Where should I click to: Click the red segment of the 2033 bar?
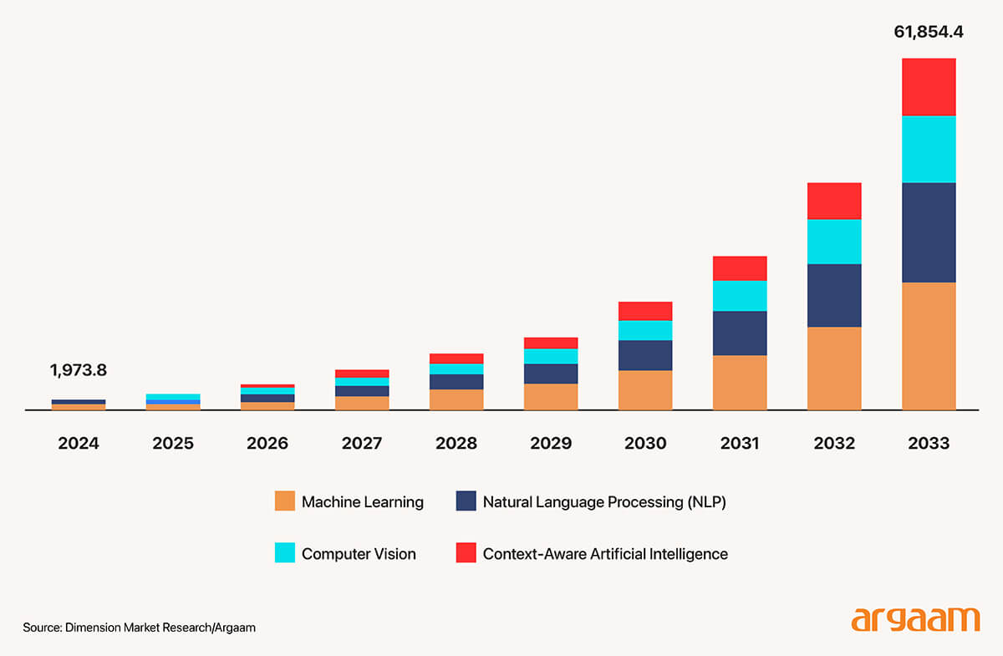pyautogui.click(x=929, y=87)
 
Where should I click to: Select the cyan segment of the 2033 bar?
pyautogui.click(x=929, y=149)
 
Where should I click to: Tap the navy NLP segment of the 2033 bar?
pyautogui.click(x=929, y=232)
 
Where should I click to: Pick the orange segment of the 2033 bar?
pyautogui.click(x=929, y=346)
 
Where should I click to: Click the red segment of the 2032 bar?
pyautogui.click(x=834, y=201)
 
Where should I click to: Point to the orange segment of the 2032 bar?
pyautogui.click(x=834, y=368)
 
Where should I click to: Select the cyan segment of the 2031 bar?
pyautogui.click(x=740, y=295)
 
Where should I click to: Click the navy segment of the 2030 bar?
pyautogui.click(x=645, y=355)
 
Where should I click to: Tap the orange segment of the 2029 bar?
pyautogui.click(x=551, y=396)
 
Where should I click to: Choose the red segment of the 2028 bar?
pyautogui.click(x=456, y=359)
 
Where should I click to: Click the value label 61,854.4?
pyautogui.click(x=929, y=33)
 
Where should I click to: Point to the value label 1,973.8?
pyautogui.click(x=79, y=370)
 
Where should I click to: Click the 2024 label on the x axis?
pyautogui.click(x=79, y=443)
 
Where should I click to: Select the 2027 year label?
pyautogui.click(x=362, y=443)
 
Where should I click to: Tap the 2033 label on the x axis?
pyautogui.click(x=929, y=443)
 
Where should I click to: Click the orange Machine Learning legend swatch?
pyautogui.click(x=285, y=501)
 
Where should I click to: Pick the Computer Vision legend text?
pyautogui.click(x=359, y=553)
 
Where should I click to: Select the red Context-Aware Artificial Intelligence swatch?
pyautogui.click(x=466, y=552)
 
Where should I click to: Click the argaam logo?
pyautogui.click(x=915, y=620)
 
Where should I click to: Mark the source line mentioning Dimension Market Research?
pyautogui.click(x=139, y=628)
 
